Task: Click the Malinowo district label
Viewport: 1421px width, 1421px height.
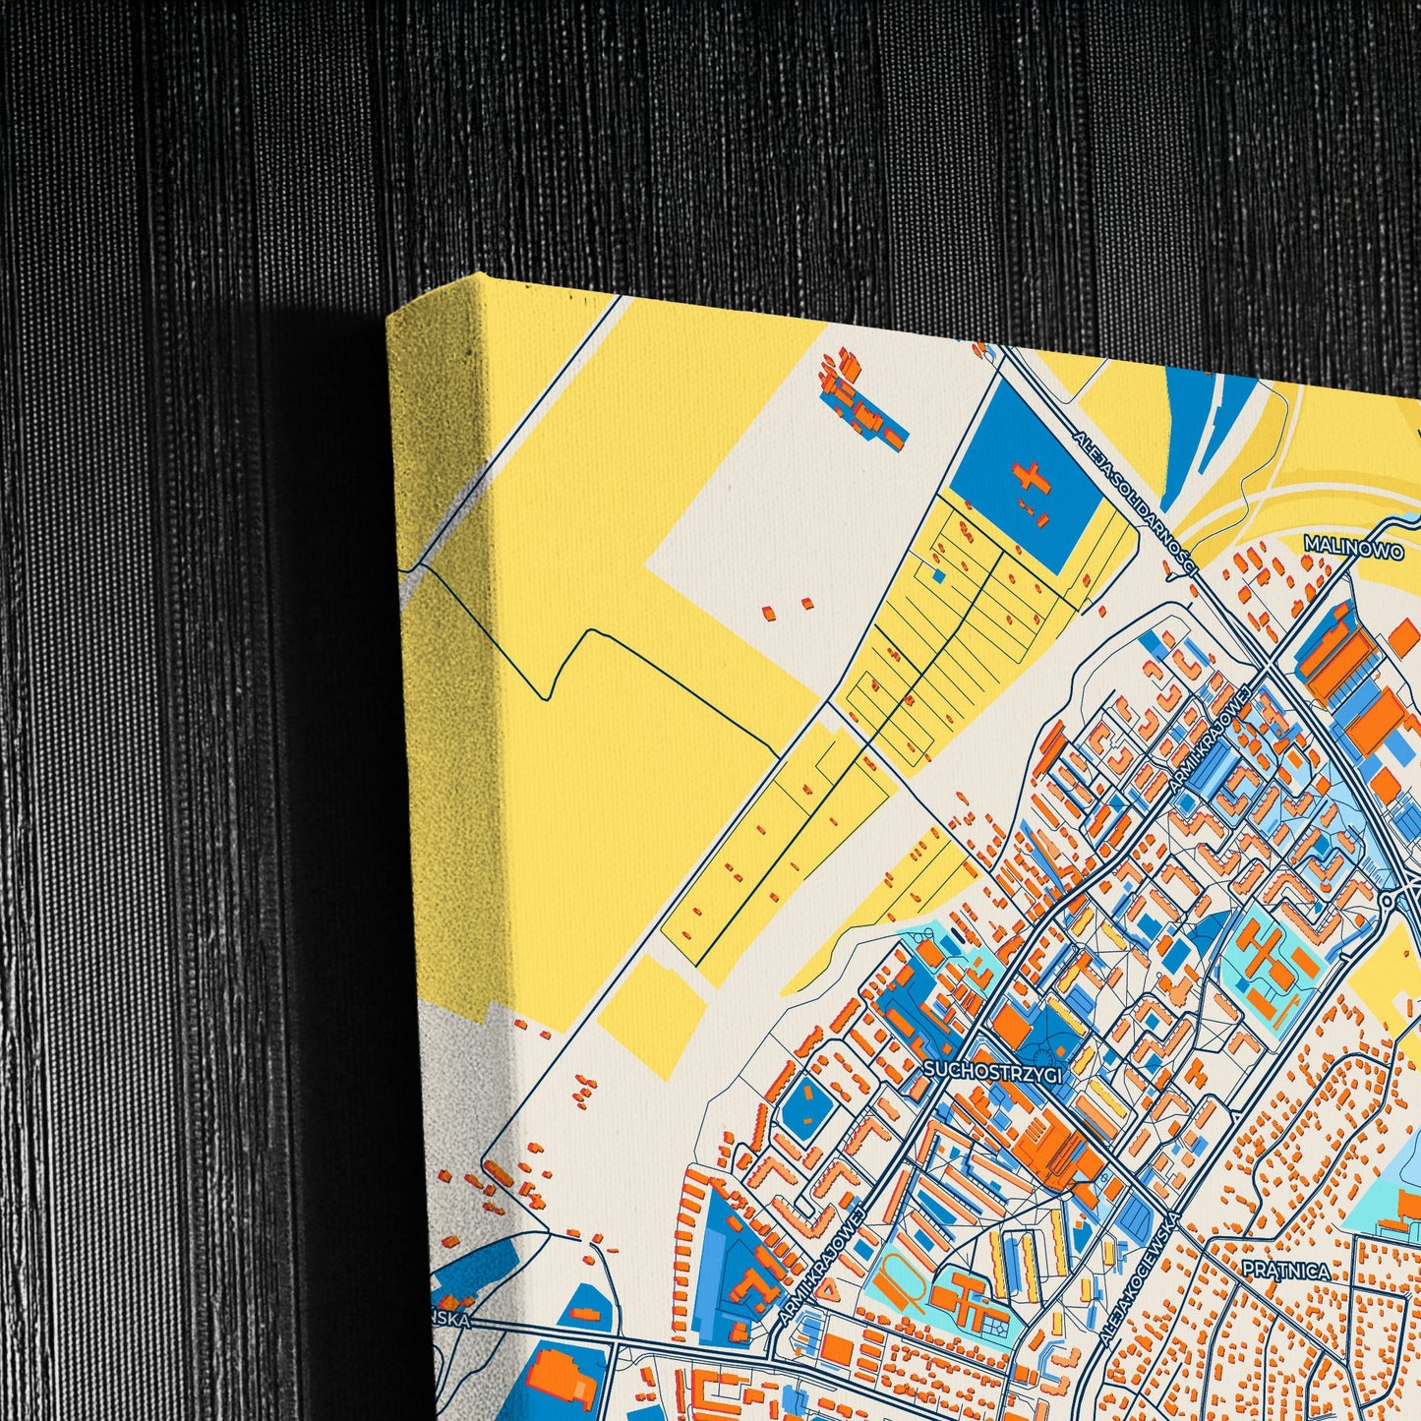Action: pos(1352,548)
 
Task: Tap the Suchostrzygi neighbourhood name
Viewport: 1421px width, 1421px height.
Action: pos(993,1072)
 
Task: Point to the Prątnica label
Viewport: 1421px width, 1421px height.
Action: pos(1285,1271)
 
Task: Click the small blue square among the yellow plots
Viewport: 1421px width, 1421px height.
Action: pos(939,576)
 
